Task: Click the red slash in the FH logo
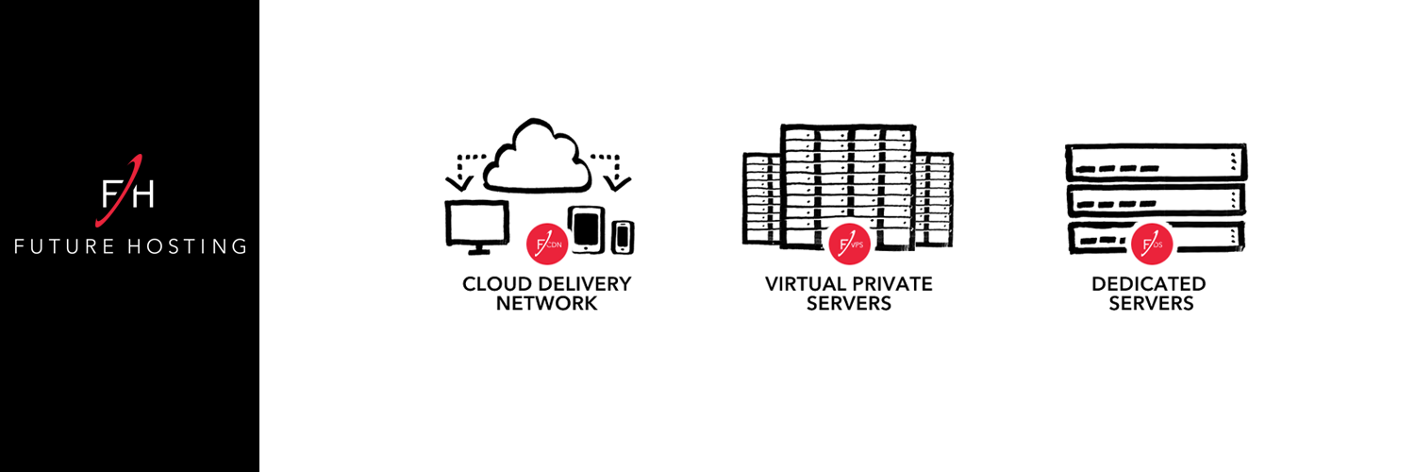pos(120,190)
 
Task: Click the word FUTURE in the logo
pos(64,245)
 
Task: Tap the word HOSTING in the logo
pos(188,245)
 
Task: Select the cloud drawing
pos(537,156)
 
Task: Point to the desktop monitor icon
pos(477,227)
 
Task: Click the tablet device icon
pos(586,229)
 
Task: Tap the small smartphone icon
pos(623,237)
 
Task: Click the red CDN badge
pos(547,244)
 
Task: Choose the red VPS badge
pos(850,244)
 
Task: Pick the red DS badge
pos(1152,244)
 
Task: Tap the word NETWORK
pos(546,303)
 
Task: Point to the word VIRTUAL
pos(805,284)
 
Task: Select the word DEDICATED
pos(1148,284)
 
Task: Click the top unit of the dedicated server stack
pos(1156,162)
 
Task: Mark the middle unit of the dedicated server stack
pos(1156,200)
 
